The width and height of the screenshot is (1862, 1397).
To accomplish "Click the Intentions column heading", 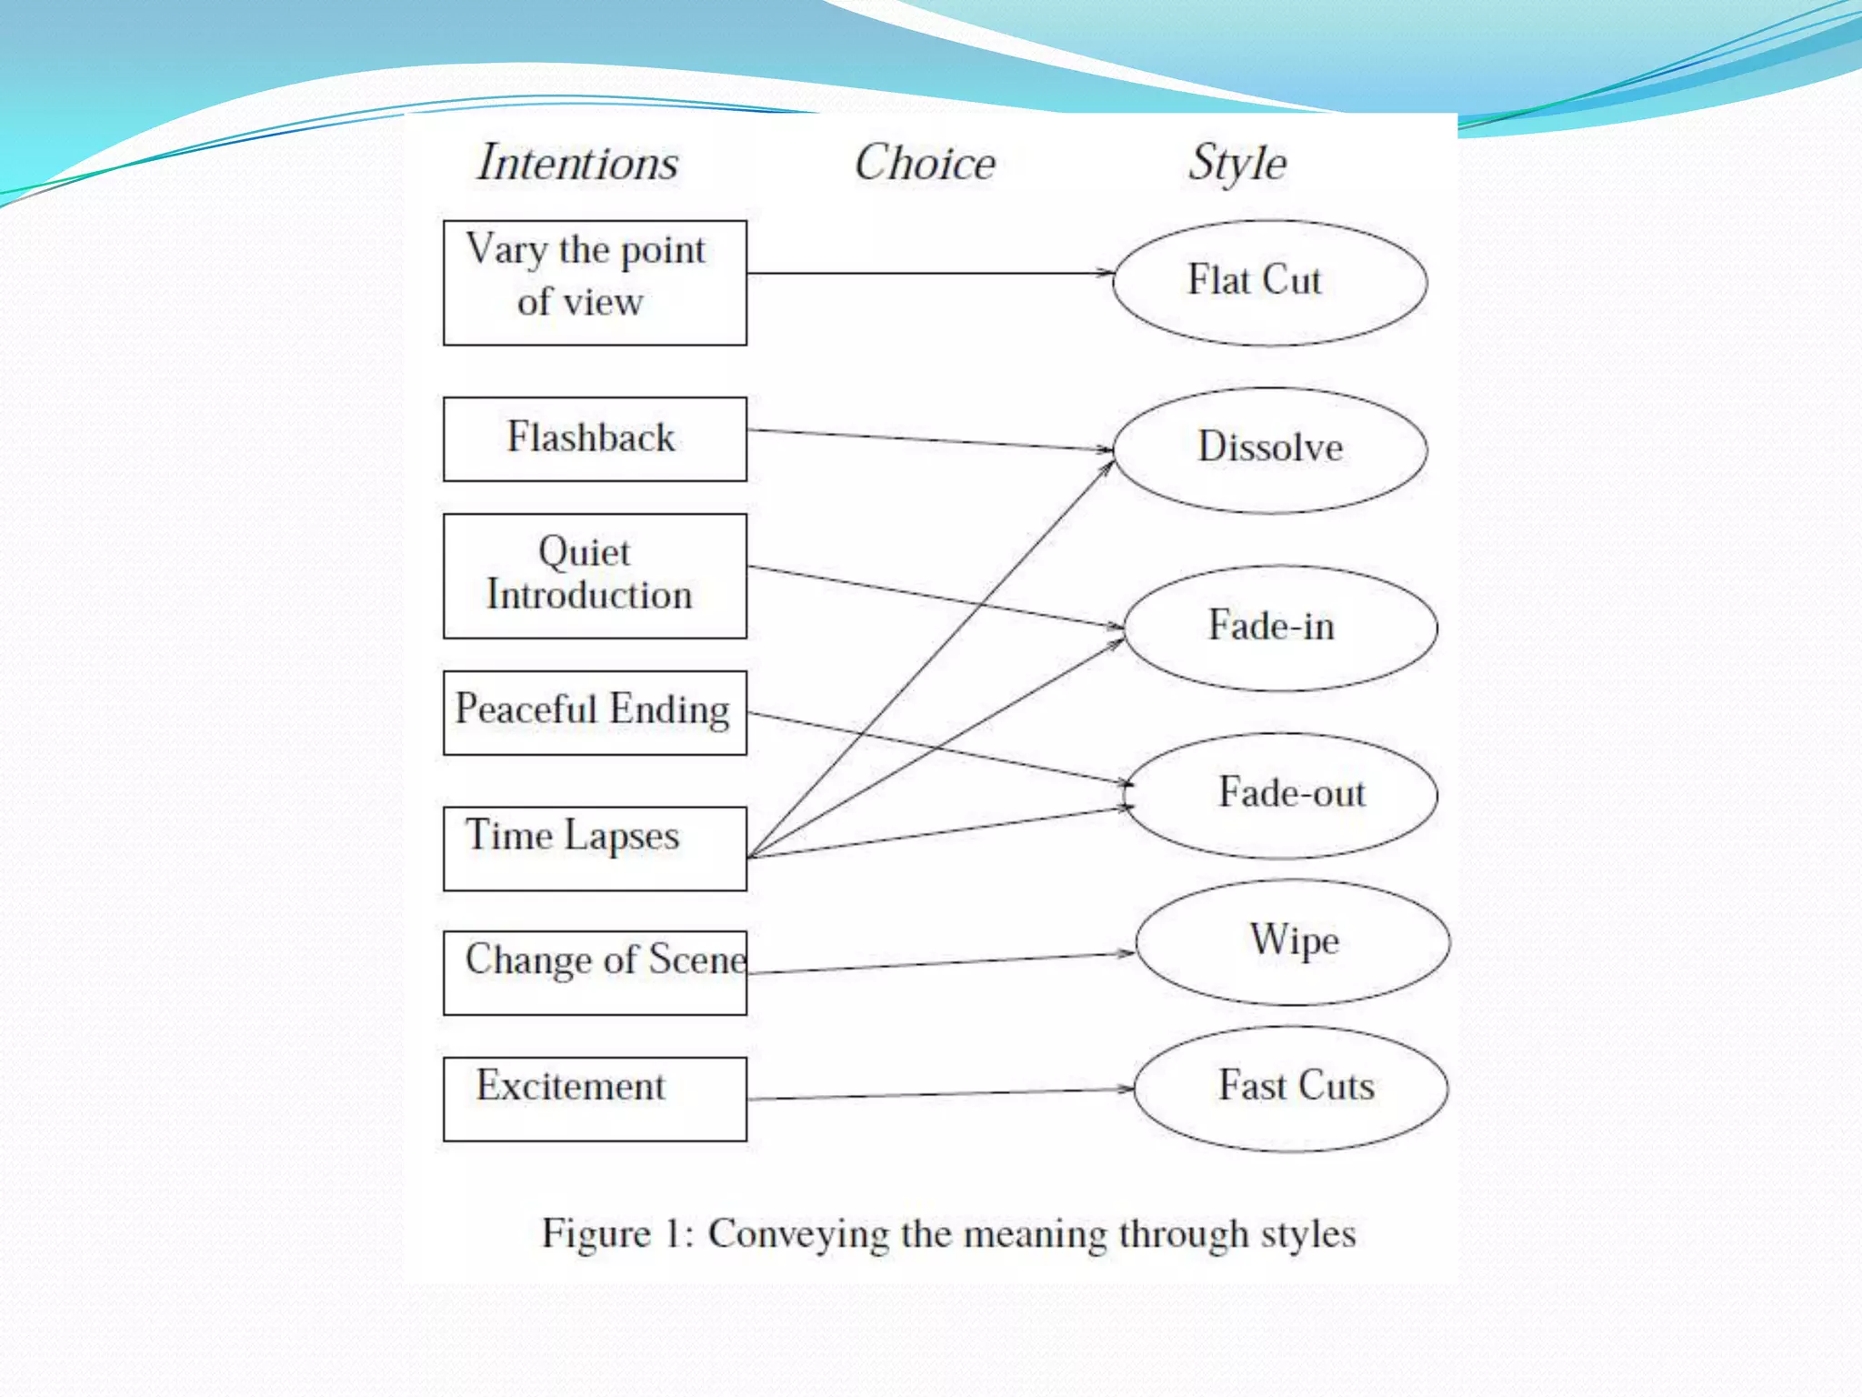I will [578, 164].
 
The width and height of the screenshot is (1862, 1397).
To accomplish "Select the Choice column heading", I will [925, 164].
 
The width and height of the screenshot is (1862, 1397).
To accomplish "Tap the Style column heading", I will [1237, 164].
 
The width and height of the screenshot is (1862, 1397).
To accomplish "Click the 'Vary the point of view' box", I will [595, 283].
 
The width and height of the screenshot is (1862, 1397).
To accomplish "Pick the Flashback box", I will [595, 438].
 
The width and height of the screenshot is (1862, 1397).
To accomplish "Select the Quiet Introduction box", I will [595, 576].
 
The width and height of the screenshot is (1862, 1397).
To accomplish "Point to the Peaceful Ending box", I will [595, 712].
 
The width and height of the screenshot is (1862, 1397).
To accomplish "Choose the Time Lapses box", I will [595, 848].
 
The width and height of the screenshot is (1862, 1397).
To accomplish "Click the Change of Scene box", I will [595, 972].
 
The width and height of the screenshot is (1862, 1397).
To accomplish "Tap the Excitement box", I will [595, 1099].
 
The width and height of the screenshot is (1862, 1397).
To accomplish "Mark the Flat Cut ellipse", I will [1269, 282].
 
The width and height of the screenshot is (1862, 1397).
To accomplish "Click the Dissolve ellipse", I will [1269, 449].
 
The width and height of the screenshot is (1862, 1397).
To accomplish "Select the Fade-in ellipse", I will [1280, 628].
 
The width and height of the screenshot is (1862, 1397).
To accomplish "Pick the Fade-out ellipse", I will [1280, 795].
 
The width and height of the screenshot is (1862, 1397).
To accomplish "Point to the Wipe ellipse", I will [1292, 941].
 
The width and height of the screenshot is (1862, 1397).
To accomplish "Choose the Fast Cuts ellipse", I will [1291, 1088].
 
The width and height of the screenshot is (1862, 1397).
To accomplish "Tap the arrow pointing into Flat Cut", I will [927, 273].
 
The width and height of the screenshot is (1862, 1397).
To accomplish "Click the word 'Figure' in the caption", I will [596, 1234].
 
